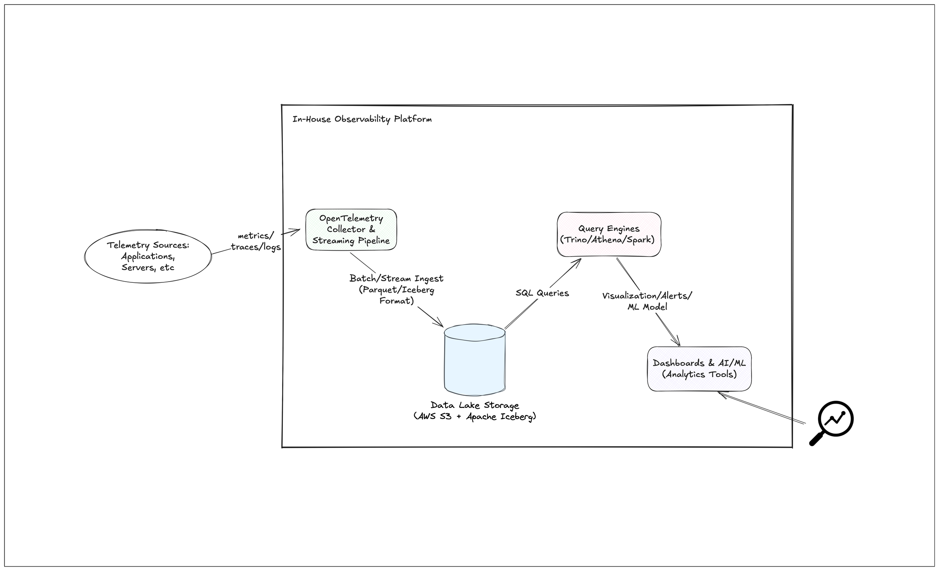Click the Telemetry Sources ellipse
(148, 256)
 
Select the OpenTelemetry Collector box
(351, 230)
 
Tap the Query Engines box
(609, 234)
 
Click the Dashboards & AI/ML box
(699, 368)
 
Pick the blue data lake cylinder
(475, 360)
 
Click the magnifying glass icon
(831, 423)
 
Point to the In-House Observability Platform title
(362, 119)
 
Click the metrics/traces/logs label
(256, 241)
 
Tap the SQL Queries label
(542, 293)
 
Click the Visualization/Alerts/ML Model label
(647, 301)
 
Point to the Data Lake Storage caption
(475, 411)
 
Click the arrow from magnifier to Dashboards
(763, 409)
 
